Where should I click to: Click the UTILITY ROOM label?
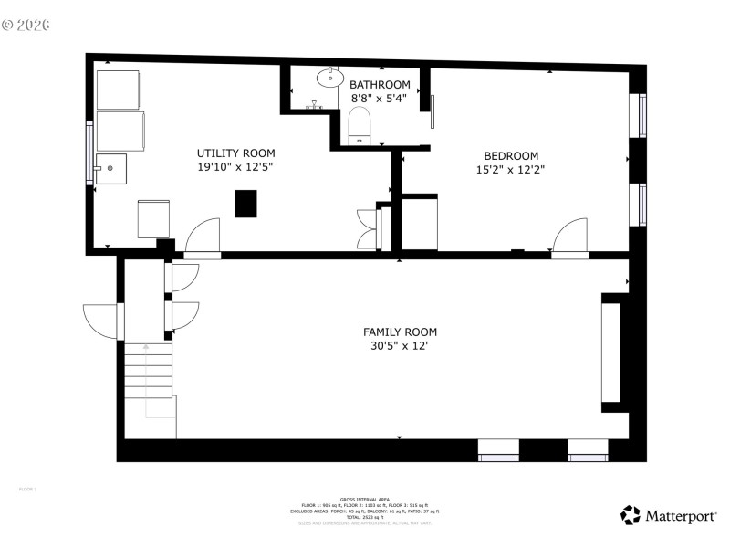click(x=235, y=153)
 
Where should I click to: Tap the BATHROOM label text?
click(x=381, y=85)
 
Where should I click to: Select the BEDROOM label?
click(x=510, y=155)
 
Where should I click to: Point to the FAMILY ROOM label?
click(x=400, y=332)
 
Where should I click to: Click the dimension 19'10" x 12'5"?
click(x=235, y=167)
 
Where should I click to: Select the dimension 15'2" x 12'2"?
click(x=510, y=169)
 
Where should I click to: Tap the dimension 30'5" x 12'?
click(x=400, y=345)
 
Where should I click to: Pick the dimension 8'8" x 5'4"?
click(x=381, y=99)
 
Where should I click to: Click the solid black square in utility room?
click(x=245, y=204)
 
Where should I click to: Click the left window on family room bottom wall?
click(x=498, y=448)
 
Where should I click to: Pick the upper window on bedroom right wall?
click(x=642, y=114)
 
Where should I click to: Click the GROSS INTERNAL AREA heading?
click(x=365, y=499)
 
